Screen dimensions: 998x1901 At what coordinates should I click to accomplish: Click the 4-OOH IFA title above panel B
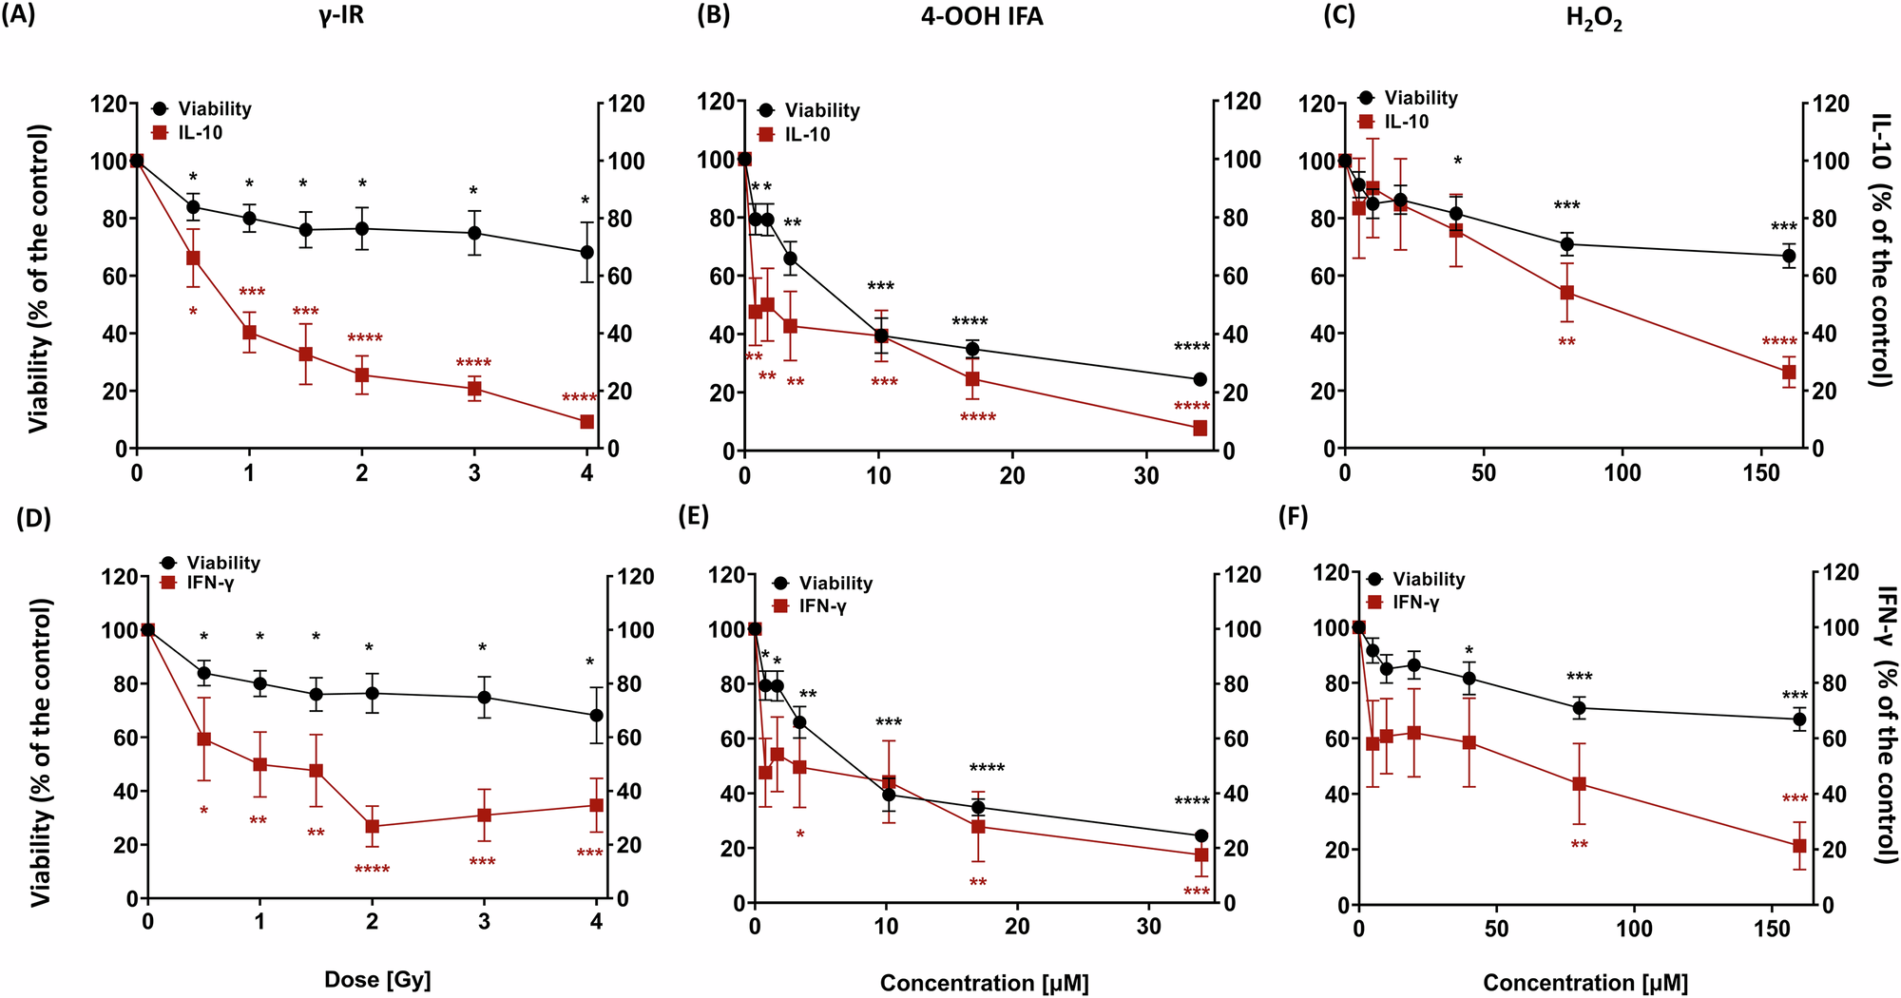(982, 17)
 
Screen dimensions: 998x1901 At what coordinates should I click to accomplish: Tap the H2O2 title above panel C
(1594, 19)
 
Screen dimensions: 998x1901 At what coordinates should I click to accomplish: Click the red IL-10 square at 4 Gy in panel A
(586, 421)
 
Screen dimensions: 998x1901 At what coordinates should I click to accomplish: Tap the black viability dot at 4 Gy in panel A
(586, 252)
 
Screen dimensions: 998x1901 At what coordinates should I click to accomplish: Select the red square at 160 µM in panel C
(1789, 373)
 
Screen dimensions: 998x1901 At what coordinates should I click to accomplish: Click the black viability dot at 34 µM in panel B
(1200, 379)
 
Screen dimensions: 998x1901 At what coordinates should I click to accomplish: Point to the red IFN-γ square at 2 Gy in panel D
(372, 826)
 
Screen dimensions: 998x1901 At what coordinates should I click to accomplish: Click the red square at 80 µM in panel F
(1579, 783)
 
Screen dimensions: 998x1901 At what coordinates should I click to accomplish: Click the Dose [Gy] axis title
(378, 979)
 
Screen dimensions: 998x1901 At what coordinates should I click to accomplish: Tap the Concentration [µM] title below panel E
(984, 983)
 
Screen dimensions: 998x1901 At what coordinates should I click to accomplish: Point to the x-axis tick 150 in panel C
(1761, 472)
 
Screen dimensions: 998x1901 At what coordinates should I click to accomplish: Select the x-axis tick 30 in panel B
(1146, 475)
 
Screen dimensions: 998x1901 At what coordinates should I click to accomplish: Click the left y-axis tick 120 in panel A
(108, 104)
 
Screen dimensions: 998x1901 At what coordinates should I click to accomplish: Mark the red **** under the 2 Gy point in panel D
(372, 869)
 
